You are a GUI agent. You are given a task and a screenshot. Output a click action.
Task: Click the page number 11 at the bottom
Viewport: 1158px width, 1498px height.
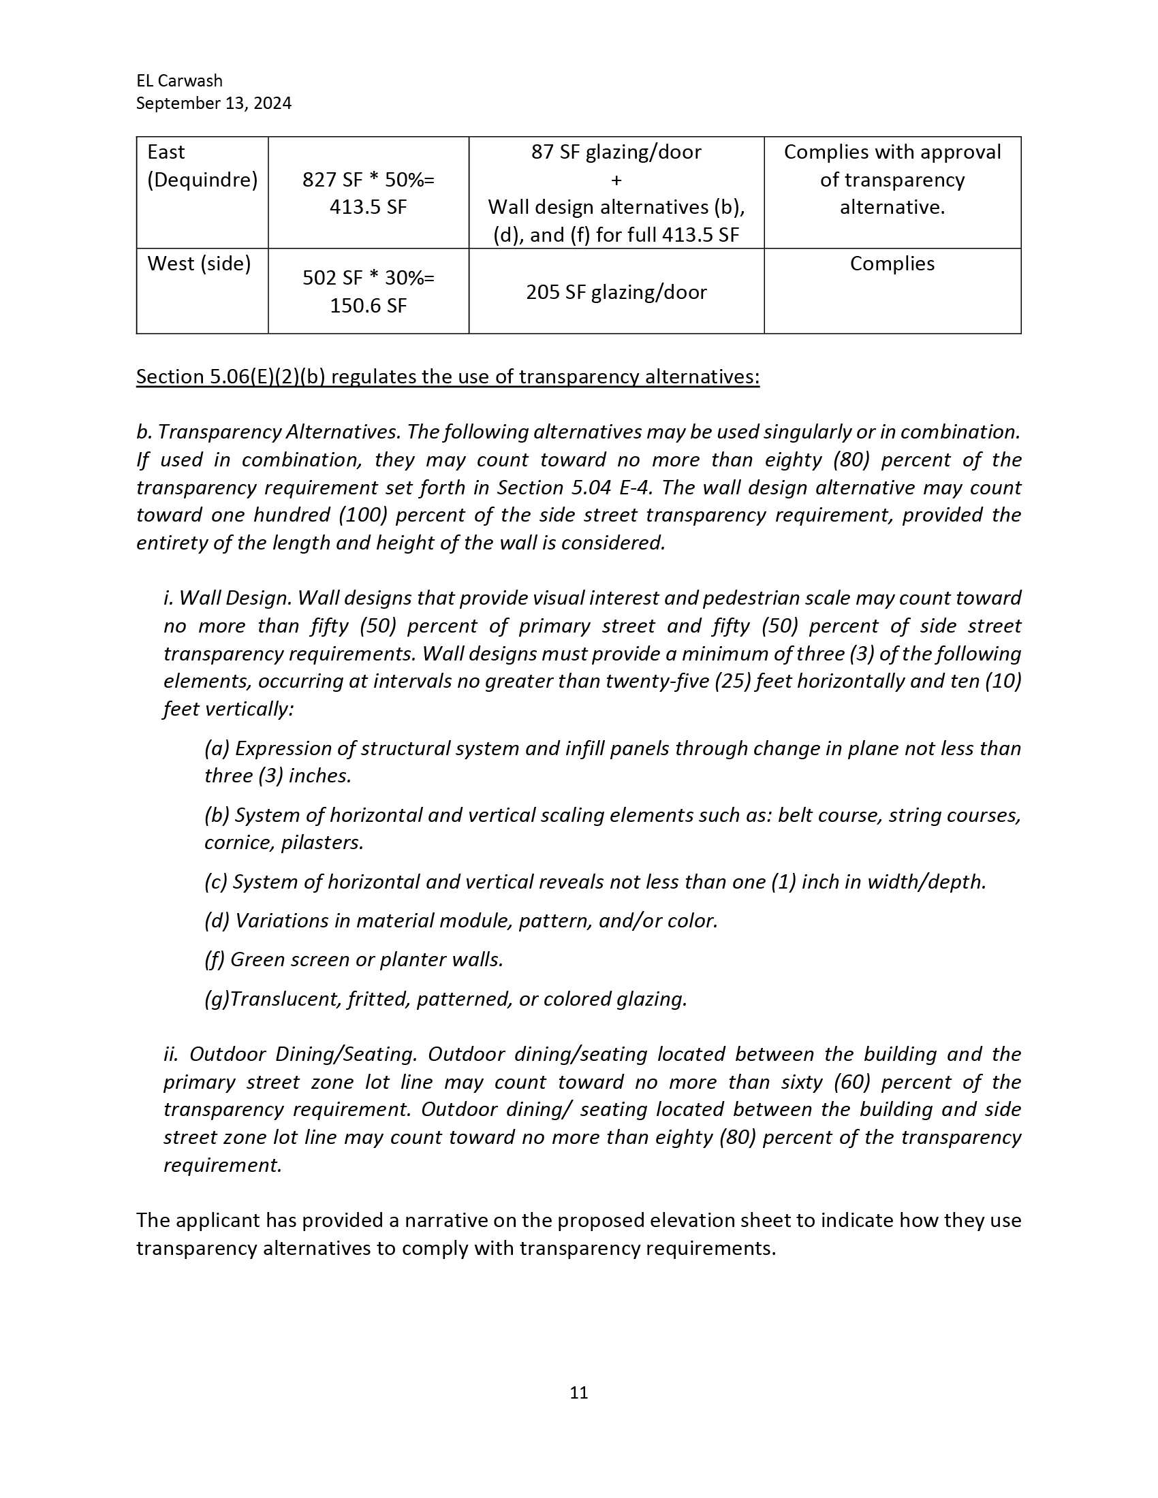pos(578,1392)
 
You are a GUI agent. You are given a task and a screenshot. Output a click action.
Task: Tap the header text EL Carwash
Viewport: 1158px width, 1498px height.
pos(179,80)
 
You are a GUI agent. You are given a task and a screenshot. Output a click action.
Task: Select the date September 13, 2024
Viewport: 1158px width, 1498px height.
pos(213,103)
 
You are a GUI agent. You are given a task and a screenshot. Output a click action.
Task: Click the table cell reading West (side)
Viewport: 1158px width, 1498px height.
pos(199,264)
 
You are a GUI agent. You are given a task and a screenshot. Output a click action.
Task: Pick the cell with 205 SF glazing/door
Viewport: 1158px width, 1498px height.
pos(616,292)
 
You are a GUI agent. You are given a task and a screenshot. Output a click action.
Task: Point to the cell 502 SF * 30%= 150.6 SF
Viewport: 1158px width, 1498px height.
pos(369,291)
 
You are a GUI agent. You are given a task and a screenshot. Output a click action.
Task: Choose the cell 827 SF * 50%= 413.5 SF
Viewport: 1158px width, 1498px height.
pos(369,193)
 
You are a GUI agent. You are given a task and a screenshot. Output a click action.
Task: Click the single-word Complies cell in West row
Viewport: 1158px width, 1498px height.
pos(892,264)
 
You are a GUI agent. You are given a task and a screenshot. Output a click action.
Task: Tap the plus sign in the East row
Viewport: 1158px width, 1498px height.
pos(616,180)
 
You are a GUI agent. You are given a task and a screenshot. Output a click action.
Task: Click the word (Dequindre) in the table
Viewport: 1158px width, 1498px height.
pos(202,180)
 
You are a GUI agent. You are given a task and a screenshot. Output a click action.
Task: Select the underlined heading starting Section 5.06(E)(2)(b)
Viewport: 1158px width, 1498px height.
pos(448,377)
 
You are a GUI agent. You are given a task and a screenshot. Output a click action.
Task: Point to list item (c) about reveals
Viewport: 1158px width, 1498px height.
pos(595,881)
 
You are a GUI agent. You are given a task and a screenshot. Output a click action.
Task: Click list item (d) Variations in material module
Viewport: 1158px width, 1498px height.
pos(461,921)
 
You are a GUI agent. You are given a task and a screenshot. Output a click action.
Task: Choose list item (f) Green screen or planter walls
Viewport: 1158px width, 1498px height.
pos(354,959)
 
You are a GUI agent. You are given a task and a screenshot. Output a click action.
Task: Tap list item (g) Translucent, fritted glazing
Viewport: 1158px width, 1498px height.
pos(446,999)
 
